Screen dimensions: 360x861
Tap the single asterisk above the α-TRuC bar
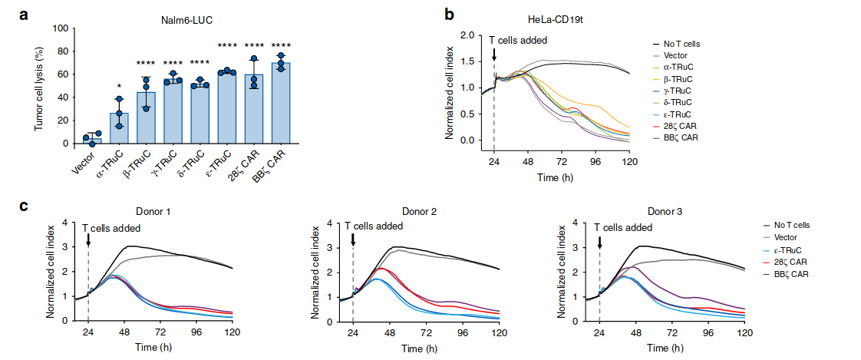[x=119, y=86]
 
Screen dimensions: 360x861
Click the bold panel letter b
[x=450, y=13]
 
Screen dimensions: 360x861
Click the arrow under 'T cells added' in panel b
[x=494, y=53]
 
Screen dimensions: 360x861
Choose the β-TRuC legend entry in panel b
[x=681, y=79]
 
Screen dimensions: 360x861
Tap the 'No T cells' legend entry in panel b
[x=681, y=45]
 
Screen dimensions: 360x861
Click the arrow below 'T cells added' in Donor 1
[x=88, y=240]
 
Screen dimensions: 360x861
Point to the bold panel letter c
[x=24, y=206]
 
